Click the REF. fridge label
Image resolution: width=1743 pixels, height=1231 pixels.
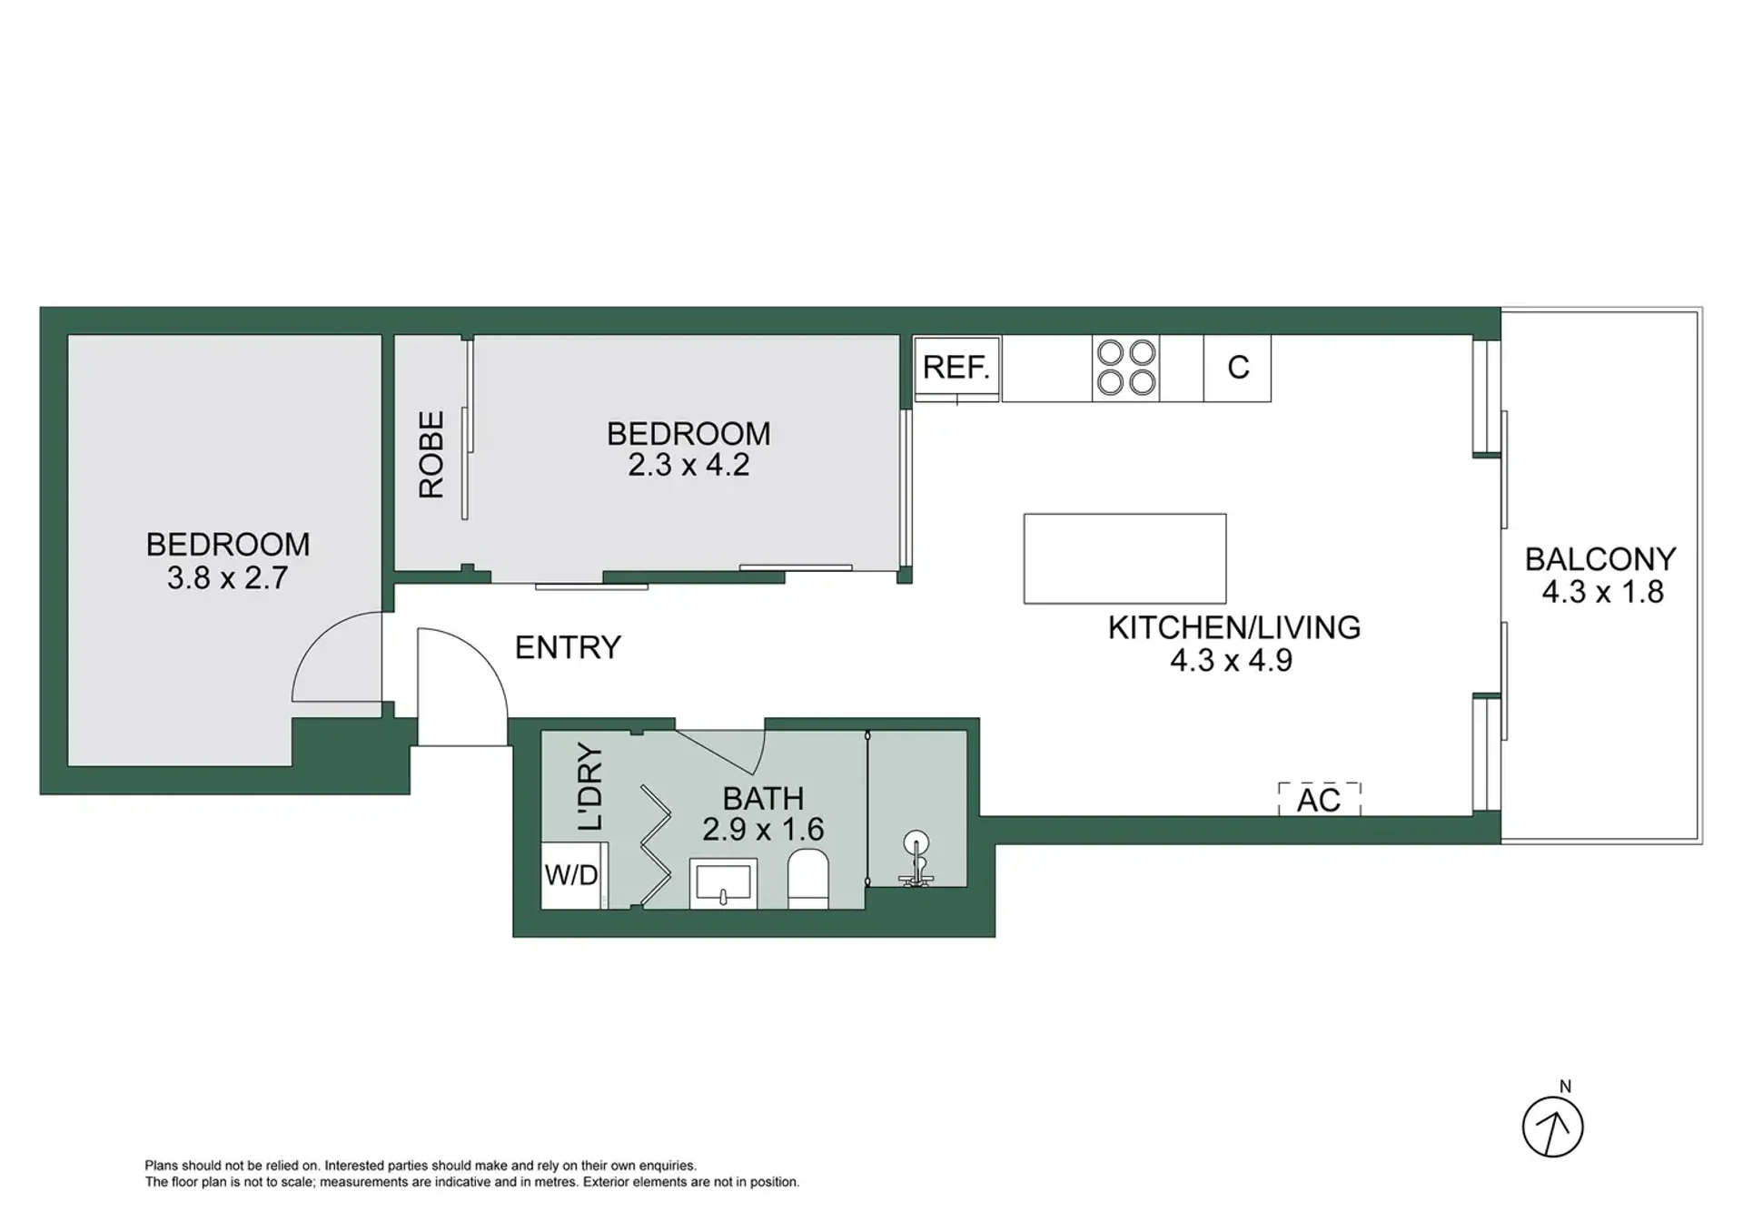(956, 368)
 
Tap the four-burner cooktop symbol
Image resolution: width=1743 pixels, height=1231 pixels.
(1126, 368)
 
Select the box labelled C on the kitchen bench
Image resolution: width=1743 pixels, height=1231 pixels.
(1237, 369)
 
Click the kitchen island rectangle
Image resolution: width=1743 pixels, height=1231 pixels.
(1124, 558)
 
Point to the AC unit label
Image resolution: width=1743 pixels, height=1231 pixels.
(1319, 800)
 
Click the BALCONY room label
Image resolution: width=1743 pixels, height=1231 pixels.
(1600, 559)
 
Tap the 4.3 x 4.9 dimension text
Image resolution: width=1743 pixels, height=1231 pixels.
(1231, 660)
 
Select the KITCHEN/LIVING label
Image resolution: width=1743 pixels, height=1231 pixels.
(1234, 627)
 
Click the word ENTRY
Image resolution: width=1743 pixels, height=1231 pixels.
(568, 647)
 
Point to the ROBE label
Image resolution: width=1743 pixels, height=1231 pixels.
(431, 454)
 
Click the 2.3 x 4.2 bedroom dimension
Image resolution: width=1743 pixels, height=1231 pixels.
(688, 465)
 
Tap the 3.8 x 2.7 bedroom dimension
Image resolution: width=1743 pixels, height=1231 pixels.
(227, 577)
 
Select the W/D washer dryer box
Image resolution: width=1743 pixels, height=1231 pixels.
(572, 875)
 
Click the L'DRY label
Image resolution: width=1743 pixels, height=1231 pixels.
(589, 787)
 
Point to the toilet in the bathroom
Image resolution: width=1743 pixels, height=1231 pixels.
(807, 879)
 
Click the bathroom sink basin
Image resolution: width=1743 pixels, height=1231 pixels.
(723, 883)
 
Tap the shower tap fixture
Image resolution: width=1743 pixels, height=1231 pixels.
(916, 858)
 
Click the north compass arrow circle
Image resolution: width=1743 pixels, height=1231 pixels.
(1553, 1127)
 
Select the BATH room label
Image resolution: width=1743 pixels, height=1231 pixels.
(763, 799)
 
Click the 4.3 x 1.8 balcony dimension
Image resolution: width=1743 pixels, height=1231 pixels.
(1602, 592)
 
